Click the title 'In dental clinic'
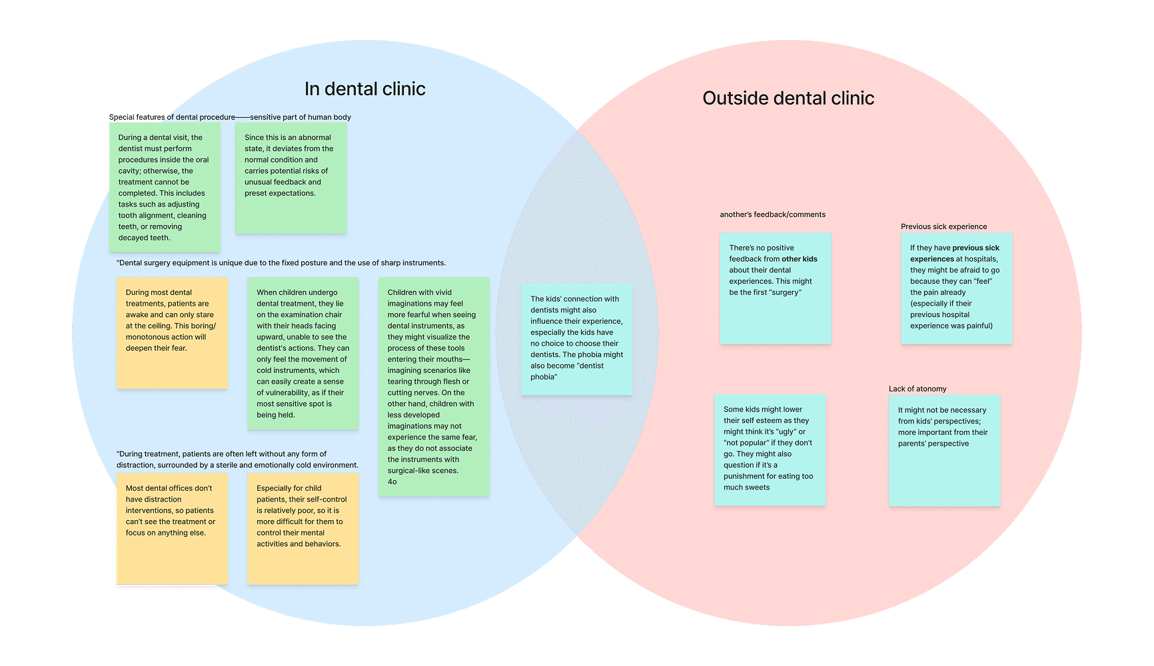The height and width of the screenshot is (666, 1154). pos(364,89)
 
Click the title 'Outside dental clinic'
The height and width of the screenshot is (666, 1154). pos(788,99)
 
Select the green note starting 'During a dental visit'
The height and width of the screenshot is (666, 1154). pos(165,187)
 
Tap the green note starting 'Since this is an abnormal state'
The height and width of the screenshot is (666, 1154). pos(291,178)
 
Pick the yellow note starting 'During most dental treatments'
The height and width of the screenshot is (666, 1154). pos(172,333)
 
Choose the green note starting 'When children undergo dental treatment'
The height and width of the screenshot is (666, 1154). pos(302,354)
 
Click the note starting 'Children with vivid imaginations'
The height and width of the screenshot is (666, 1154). pos(434,387)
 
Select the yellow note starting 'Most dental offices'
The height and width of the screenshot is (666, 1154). pos(172,529)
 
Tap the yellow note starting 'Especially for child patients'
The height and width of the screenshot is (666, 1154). pos(302,529)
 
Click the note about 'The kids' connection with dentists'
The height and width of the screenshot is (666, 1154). pos(577,339)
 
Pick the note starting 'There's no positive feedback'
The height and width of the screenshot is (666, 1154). pos(775,288)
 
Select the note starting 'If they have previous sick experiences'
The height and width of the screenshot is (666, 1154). pos(956,288)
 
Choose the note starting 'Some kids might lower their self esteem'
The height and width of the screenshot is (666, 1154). pos(770,450)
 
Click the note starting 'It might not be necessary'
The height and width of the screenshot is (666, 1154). pos(944,451)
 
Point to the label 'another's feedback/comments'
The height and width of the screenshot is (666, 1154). pos(772,214)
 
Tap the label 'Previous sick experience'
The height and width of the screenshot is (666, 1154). pos(943,226)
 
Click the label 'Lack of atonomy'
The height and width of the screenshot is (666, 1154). pos(917,389)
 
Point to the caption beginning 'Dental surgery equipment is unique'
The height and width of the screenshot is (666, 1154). pos(281,263)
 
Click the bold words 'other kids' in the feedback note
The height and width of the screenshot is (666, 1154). pos(800,259)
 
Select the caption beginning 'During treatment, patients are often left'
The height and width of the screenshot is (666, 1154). pos(237,460)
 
